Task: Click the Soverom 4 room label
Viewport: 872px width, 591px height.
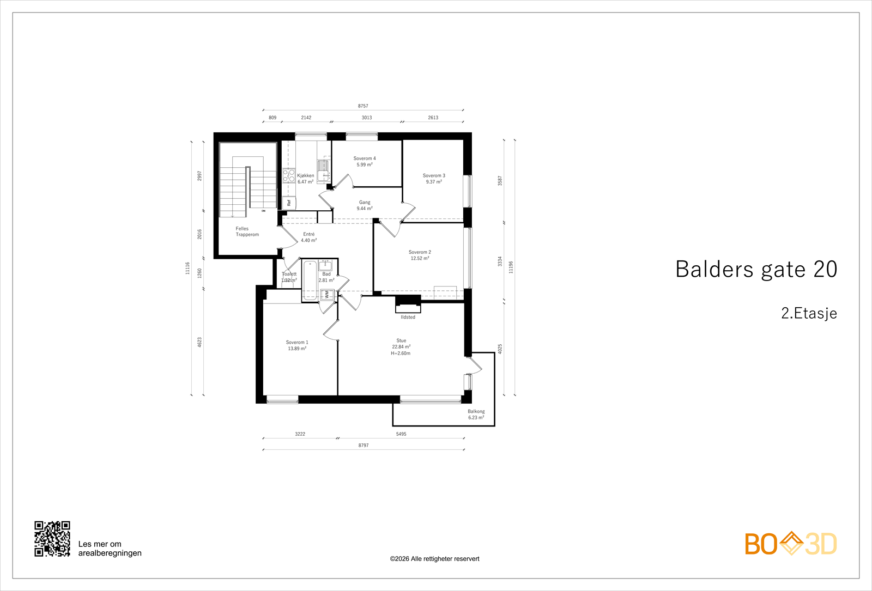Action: coord(364,159)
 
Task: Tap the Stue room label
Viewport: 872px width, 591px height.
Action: coord(401,340)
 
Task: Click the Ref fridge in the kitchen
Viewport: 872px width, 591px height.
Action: coord(289,203)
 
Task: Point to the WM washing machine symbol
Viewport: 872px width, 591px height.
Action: coord(327,294)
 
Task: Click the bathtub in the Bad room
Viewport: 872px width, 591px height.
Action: coord(310,280)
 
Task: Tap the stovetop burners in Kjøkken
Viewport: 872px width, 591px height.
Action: coord(288,176)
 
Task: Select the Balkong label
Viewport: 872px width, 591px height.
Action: coord(476,411)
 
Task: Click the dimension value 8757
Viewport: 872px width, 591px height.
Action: coord(363,106)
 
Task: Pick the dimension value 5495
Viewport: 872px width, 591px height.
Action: coord(401,434)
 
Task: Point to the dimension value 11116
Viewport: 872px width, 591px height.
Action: coord(187,267)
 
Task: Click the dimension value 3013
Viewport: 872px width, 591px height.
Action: coord(367,118)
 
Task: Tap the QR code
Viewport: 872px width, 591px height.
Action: coord(52,539)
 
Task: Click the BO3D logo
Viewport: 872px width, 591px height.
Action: coord(790,544)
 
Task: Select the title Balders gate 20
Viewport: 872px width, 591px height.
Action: coord(756,269)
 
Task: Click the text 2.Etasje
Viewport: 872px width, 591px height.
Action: coord(809,313)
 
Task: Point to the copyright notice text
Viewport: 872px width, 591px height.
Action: coord(434,559)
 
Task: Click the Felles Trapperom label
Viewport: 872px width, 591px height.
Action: coord(247,231)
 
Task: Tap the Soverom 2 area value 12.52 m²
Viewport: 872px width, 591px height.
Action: coord(420,258)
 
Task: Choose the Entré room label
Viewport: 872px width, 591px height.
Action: coord(308,234)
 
